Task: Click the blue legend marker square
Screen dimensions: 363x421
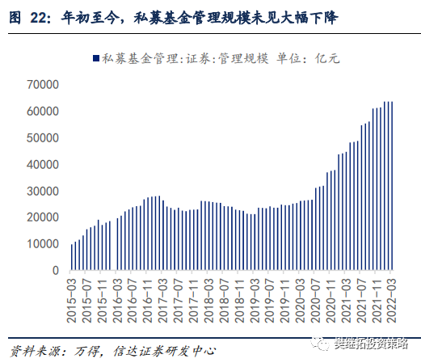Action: pos(95,57)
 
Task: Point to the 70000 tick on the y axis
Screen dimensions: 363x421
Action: pos(43,84)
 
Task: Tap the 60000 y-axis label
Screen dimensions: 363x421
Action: pos(43,111)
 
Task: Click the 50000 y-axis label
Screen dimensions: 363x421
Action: pos(43,137)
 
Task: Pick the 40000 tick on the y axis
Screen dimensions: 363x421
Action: pos(43,164)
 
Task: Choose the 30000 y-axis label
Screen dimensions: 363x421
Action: pos(43,191)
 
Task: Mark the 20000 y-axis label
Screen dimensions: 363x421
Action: pos(43,217)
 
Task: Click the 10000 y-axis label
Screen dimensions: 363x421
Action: pos(43,244)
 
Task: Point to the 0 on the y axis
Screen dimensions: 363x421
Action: pos(56,271)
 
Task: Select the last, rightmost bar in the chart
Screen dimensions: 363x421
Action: pos(392,186)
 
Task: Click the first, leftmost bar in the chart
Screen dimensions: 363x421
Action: pos(72,257)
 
